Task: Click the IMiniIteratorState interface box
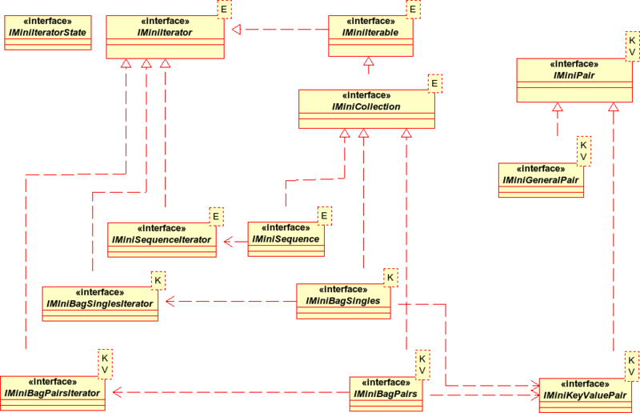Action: tap(48, 33)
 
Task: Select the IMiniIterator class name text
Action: tap(165, 33)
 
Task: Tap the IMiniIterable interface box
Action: tap(370, 36)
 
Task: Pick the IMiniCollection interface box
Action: tap(366, 109)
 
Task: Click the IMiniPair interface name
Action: tap(574, 75)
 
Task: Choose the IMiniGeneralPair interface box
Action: tap(541, 180)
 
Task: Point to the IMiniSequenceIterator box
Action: tap(162, 240)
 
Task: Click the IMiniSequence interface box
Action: tap(286, 239)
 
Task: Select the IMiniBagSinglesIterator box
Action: tap(100, 303)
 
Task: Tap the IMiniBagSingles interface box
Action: tap(343, 301)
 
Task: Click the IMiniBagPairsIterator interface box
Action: tap(53, 393)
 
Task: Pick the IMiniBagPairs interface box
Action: tap(386, 394)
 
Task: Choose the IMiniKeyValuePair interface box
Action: tap(585, 395)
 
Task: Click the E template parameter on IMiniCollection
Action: tap(434, 83)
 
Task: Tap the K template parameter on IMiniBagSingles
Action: tap(390, 278)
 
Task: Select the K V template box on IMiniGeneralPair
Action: tap(584, 150)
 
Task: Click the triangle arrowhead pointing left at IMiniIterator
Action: tap(236, 30)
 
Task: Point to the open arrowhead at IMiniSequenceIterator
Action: tap(229, 242)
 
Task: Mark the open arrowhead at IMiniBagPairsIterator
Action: tap(118, 392)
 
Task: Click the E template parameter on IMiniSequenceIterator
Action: tap(216, 217)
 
